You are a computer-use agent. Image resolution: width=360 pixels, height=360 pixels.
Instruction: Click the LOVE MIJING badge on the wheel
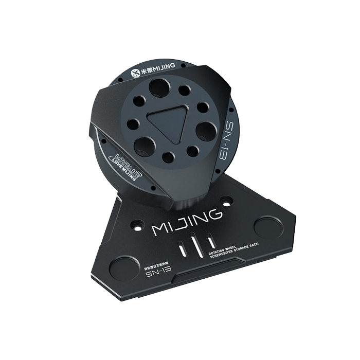123,165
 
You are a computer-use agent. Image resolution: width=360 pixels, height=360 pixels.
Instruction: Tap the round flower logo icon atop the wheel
133,73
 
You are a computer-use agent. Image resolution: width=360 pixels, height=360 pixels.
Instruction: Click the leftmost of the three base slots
182,249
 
